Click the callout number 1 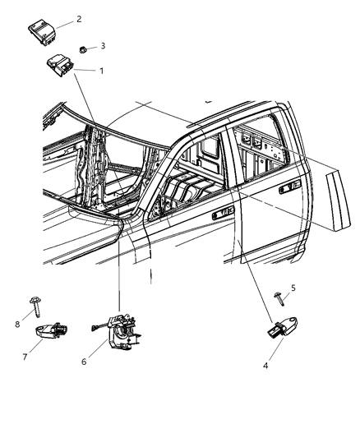[101, 71]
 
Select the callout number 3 [102, 46]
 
